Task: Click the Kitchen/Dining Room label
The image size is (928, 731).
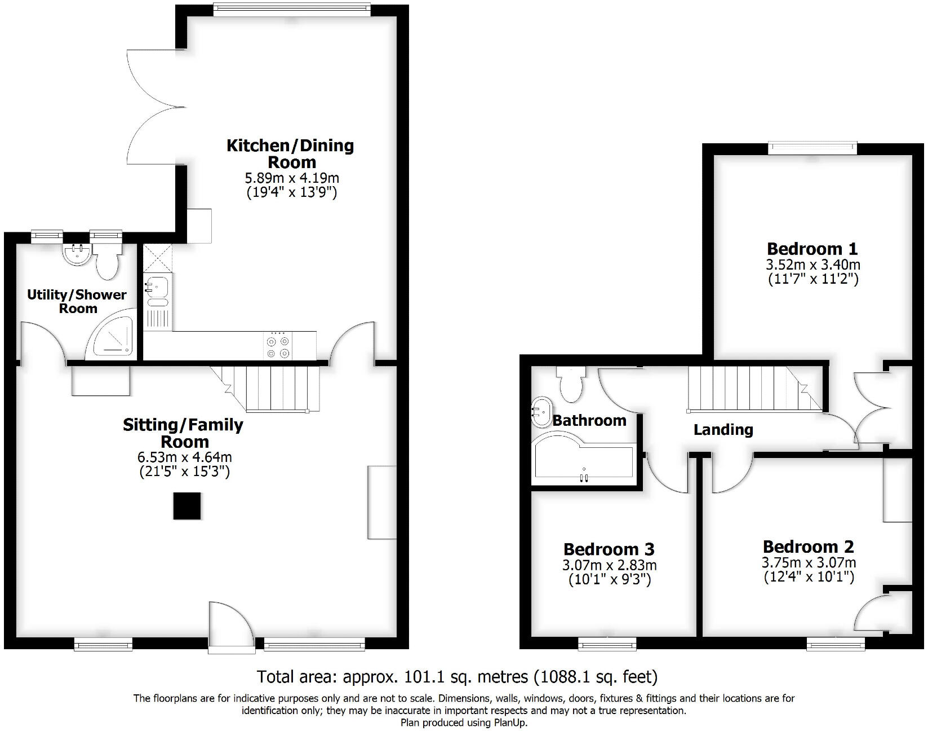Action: [x=290, y=154]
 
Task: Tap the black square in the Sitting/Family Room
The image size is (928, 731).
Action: [x=187, y=506]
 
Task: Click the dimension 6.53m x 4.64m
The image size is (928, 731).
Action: [x=184, y=457]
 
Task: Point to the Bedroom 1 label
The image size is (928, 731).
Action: [x=812, y=249]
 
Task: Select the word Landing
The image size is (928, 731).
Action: [x=723, y=430]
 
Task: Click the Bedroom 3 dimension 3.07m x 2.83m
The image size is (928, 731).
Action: [x=610, y=565]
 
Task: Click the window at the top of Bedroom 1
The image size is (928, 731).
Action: [x=812, y=148]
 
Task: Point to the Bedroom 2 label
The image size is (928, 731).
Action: [x=808, y=547]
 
